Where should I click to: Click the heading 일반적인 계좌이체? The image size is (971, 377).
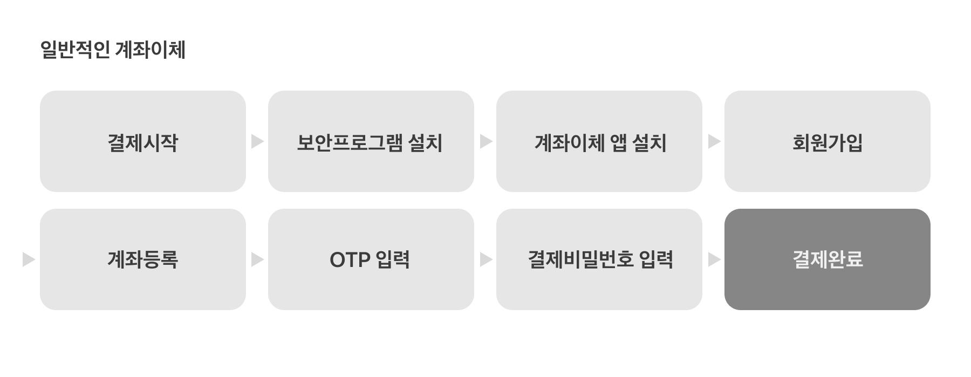pos(113,50)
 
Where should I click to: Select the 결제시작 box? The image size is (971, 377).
pos(143,141)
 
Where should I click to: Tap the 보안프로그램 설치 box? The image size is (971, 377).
pos(371,141)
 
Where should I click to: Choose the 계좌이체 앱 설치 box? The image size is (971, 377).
pos(599,141)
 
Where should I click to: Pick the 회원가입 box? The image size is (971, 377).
pos(827,141)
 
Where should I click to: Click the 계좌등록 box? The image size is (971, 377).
pos(143,259)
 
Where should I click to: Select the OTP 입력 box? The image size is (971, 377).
pos(371,259)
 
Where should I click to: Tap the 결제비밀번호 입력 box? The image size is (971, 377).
pos(599,259)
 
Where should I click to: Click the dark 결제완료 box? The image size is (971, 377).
pos(827,259)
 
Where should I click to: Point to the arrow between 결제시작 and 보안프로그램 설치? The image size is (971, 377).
pos(257,141)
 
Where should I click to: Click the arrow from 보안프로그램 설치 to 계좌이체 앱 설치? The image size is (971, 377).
pos(485,141)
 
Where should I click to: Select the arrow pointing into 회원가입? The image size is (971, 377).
pos(714,141)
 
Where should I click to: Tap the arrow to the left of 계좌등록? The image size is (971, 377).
pos(29,259)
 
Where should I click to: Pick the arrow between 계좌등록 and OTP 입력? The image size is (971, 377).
pos(257,259)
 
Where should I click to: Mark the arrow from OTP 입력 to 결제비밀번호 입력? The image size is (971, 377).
pos(485,259)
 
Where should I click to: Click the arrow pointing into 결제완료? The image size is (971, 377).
pos(714,259)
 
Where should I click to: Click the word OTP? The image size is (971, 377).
pos(350,260)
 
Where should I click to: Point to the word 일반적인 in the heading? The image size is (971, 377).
pos(75,50)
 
